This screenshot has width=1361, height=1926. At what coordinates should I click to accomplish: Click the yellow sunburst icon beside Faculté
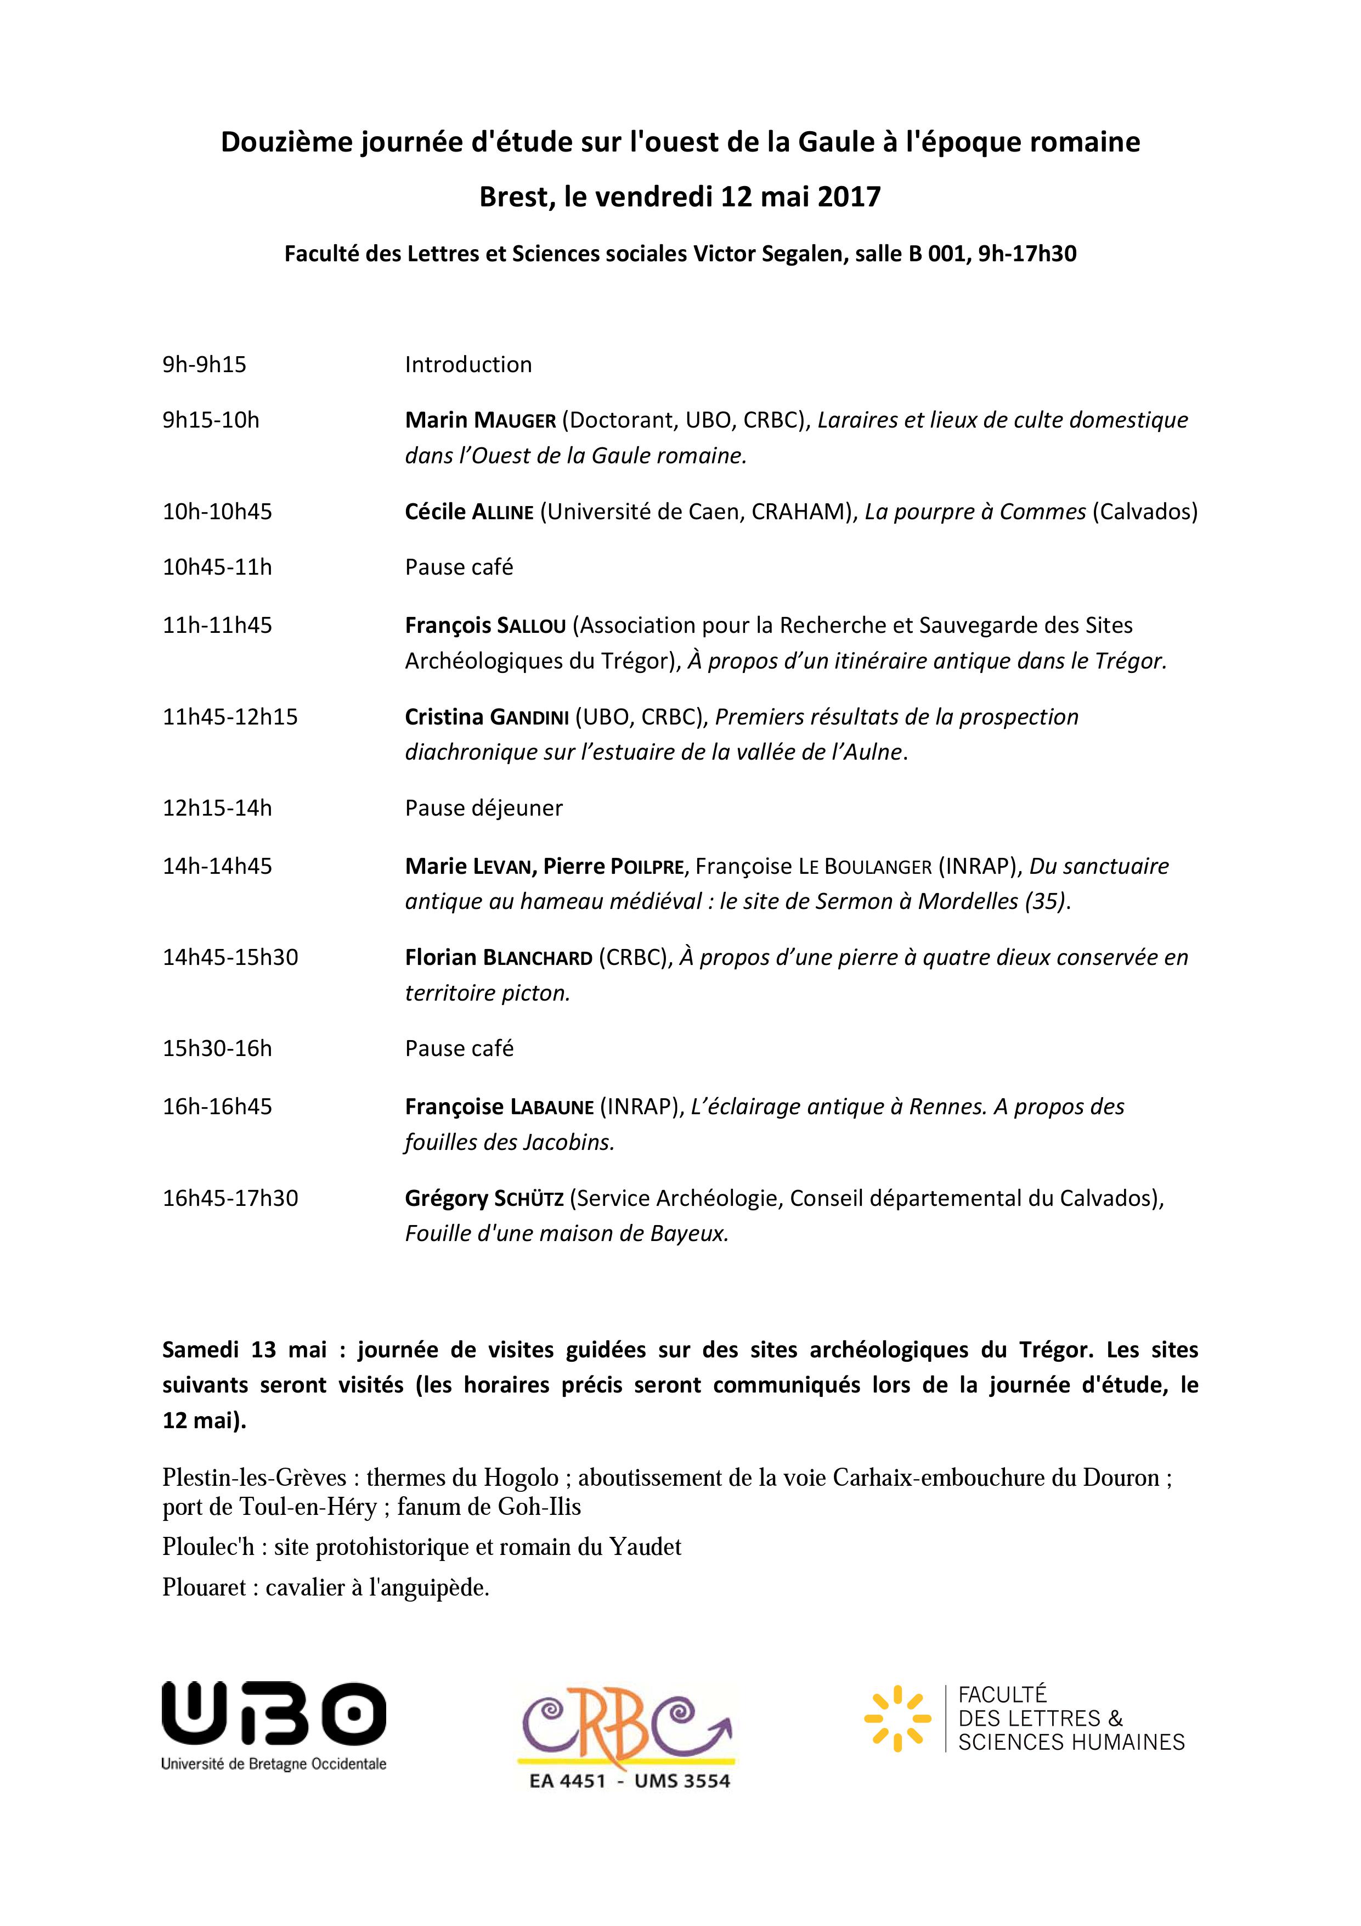[896, 1718]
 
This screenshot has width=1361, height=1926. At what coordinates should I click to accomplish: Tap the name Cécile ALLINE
[469, 512]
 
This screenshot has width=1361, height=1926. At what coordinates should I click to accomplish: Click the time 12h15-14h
[217, 808]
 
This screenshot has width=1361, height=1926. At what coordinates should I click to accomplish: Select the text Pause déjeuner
[484, 808]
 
